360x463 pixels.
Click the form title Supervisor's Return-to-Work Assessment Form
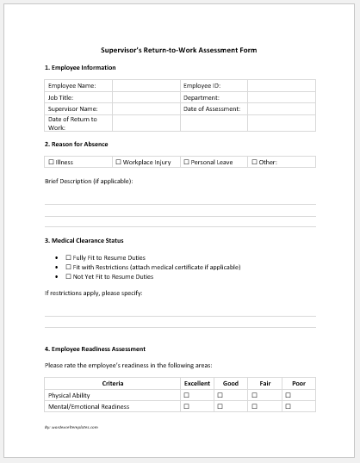click(x=179, y=50)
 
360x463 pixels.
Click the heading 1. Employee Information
click(x=79, y=67)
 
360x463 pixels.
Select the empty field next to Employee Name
click(x=146, y=86)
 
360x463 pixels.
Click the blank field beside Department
click(x=281, y=97)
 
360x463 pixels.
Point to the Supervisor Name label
click(x=72, y=109)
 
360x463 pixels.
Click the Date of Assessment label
click(x=212, y=109)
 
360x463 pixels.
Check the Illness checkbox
click(x=51, y=162)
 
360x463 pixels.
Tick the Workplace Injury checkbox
click(x=119, y=162)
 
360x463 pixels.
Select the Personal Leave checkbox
click(x=186, y=162)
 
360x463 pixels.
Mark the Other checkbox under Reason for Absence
click(x=254, y=162)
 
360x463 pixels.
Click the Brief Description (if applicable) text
click(x=89, y=181)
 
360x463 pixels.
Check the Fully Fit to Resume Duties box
click(x=68, y=257)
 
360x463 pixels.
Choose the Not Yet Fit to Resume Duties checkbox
click(x=68, y=276)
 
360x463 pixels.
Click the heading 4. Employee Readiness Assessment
click(x=95, y=349)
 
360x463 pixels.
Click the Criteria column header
click(x=112, y=383)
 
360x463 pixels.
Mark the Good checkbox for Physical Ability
click(x=220, y=394)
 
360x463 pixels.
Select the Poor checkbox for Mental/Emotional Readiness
click(x=288, y=405)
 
